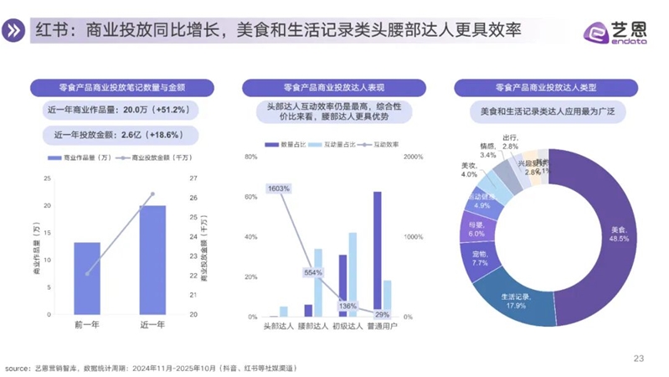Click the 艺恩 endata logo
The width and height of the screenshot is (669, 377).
pos(615,32)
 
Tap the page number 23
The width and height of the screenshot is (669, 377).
pos(638,359)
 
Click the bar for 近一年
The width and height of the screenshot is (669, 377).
pos(152,260)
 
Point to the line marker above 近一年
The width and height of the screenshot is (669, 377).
pos(152,194)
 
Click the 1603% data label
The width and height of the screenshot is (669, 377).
pos(279,188)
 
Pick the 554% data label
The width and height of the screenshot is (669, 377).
pos(313,273)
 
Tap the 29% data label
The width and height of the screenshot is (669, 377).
pos(371,314)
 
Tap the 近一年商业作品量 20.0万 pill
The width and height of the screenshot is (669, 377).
pos(115,110)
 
